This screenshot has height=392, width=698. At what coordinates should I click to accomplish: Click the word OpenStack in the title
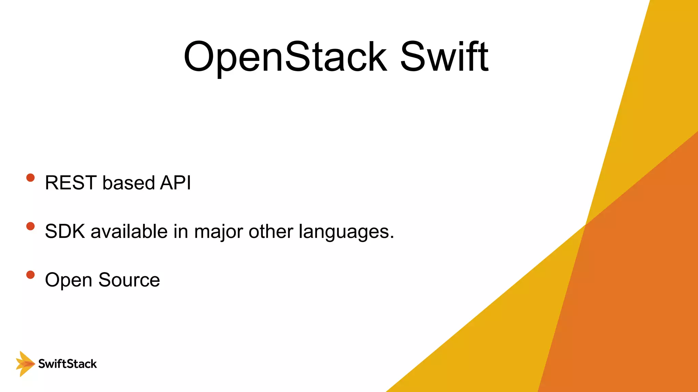[x=285, y=57]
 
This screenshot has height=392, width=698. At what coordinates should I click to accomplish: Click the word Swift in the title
[x=444, y=57]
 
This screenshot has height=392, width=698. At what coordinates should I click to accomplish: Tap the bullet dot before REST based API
[x=30, y=178]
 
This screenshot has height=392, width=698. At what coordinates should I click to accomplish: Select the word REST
[x=71, y=183]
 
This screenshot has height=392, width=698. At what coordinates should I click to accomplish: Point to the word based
[x=129, y=183]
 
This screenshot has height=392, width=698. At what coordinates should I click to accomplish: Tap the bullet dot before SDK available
[x=30, y=226]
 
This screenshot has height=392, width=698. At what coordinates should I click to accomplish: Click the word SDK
[x=65, y=231]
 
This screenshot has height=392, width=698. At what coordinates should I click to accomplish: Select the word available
[x=129, y=231]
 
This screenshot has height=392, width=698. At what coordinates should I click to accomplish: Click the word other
[x=271, y=231]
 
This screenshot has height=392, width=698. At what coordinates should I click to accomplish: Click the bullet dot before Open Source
[x=30, y=275]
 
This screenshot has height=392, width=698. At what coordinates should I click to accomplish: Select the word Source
[x=129, y=280]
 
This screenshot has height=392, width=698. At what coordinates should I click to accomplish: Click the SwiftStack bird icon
[x=25, y=364]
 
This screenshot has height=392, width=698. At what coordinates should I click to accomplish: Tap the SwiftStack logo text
[x=67, y=364]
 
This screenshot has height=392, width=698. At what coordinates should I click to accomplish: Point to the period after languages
[x=392, y=238]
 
